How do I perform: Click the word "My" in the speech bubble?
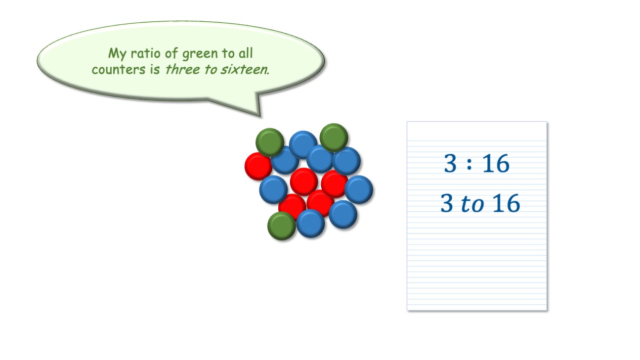tap(117, 54)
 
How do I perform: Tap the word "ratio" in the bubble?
tap(145, 53)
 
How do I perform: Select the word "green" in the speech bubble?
tap(200, 54)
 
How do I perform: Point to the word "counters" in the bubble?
tap(118, 69)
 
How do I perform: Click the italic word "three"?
tap(182, 69)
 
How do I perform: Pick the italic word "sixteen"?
tap(245, 69)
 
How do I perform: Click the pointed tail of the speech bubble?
tap(260, 116)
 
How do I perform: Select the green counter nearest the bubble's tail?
tap(270, 142)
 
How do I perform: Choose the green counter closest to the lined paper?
tap(334, 138)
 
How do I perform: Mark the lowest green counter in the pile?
tap(281, 226)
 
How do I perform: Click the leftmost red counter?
tap(258, 166)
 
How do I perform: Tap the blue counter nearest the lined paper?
tap(359, 190)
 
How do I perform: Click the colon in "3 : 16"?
tap(469, 164)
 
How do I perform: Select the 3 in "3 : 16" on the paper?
tap(450, 163)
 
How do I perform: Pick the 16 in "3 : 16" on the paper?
tap(496, 163)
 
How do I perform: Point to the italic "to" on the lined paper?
tap(472, 204)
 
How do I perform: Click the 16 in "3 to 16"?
tap(506, 203)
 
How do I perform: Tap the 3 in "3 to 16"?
tap(447, 203)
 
